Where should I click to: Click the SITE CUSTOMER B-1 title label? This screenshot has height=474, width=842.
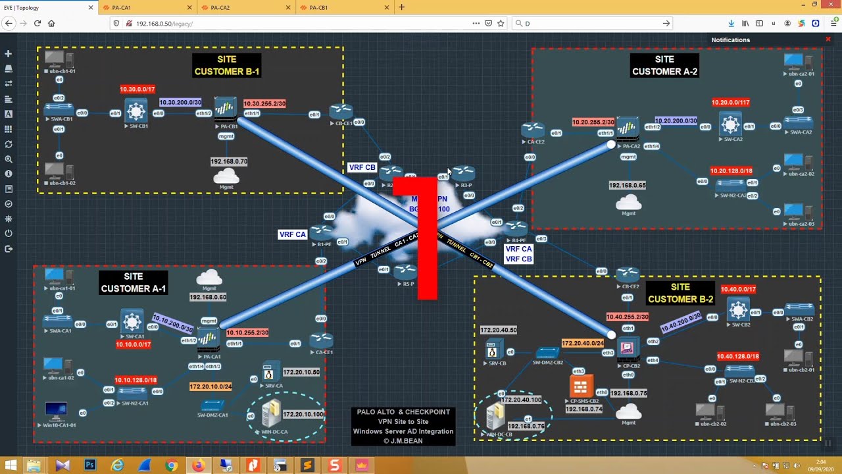pos(227,65)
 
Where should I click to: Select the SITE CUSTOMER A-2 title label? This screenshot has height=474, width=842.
pos(664,65)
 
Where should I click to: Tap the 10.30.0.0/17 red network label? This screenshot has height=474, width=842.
pos(137,89)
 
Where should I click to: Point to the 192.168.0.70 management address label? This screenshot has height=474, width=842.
pos(229,161)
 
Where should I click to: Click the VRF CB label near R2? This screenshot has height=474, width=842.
pos(362,168)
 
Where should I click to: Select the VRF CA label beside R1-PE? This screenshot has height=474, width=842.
pos(292,234)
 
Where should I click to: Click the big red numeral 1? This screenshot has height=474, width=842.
pos(427,237)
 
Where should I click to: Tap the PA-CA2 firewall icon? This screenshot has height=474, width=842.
pos(628,128)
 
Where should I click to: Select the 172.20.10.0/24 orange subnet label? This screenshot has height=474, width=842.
pos(210,386)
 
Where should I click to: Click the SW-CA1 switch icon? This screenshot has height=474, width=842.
pos(133,321)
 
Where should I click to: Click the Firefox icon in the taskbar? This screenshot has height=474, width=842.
pos(198,465)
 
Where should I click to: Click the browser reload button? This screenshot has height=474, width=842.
pos(37,23)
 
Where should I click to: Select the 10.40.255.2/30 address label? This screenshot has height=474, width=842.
pos(627,317)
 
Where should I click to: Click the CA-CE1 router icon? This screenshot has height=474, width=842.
pos(322,341)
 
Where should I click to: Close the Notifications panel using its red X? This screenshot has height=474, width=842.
pos(828,39)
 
